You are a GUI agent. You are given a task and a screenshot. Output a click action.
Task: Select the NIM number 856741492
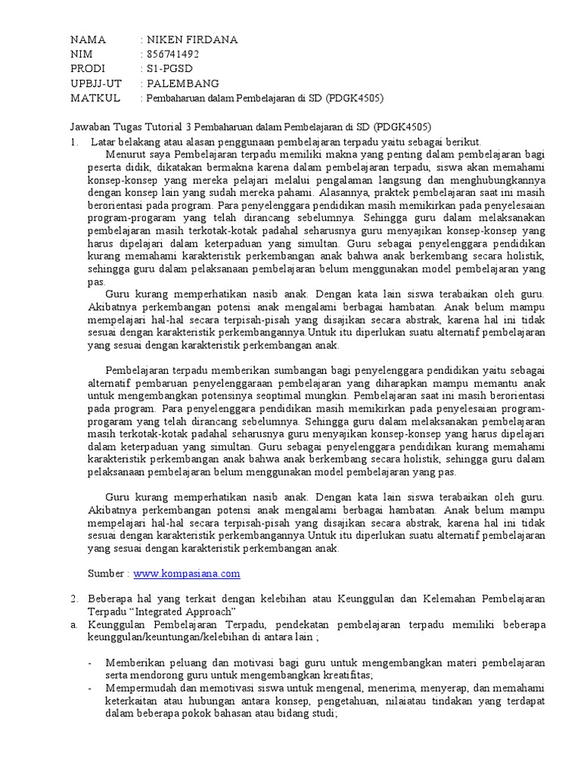(x=173, y=54)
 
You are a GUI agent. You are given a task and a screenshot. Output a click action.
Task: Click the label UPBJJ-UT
(x=96, y=83)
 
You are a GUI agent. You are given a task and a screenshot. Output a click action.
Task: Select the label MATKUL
(x=91, y=98)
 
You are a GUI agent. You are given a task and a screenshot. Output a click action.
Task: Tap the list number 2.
(x=74, y=599)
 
